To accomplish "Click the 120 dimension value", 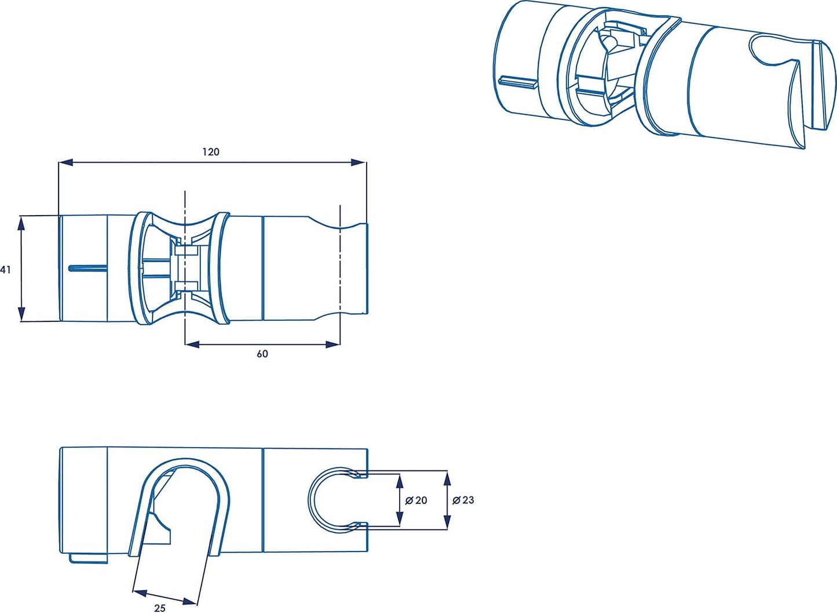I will tap(211, 152).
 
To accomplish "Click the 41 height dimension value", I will tap(6, 270).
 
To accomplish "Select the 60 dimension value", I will tap(262, 354).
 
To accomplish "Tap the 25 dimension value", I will tap(160, 607).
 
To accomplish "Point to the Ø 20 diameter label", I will tap(416, 500).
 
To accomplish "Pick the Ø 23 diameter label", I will tap(463, 500).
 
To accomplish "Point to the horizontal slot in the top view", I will tap(87, 268).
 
